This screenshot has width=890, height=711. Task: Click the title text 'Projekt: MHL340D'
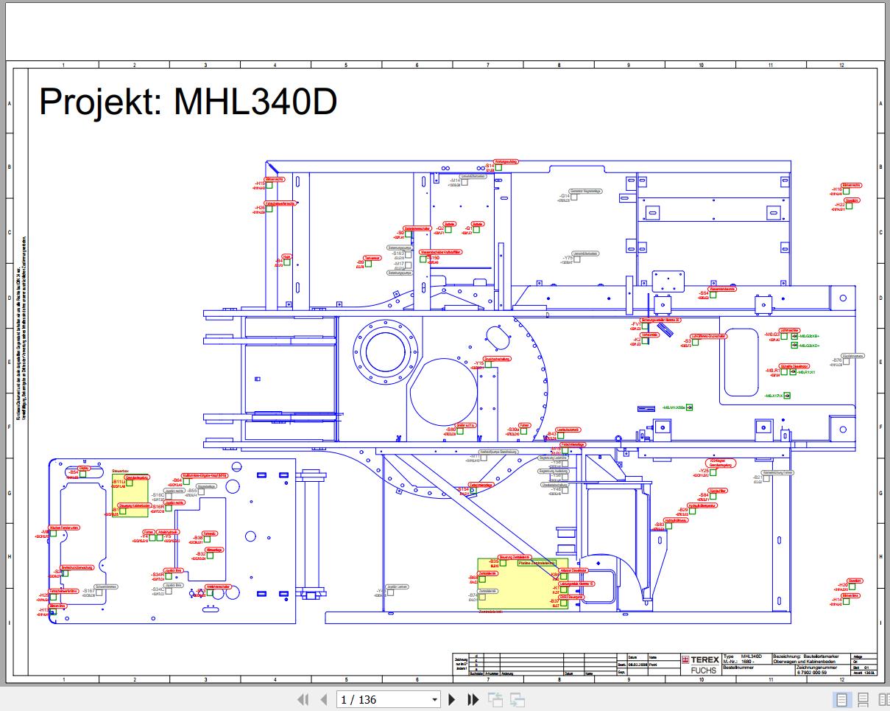point(188,101)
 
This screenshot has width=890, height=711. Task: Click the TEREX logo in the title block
point(701,660)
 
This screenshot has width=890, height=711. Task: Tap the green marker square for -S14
point(498,167)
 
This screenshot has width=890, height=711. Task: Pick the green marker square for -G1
point(476,229)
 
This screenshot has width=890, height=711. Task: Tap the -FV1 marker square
point(645,326)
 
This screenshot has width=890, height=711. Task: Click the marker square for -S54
point(713,294)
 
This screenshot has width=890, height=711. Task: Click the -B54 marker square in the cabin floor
point(83,473)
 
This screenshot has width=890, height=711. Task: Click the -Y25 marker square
point(713,472)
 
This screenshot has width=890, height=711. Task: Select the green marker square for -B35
point(504,563)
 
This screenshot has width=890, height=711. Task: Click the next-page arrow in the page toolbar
point(452,699)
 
